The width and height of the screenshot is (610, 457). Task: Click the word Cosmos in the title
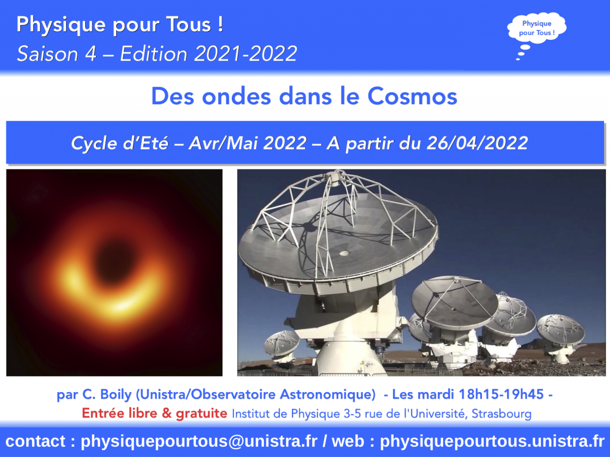tap(412, 96)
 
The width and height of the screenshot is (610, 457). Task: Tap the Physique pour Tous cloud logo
tap(537, 29)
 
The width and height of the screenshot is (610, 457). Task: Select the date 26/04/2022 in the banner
tap(477, 143)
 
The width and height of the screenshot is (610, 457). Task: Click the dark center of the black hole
tap(114, 261)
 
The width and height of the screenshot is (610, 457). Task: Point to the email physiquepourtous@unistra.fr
tap(199, 442)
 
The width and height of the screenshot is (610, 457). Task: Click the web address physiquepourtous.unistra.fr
tap(492, 442)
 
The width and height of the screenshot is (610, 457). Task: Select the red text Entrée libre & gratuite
tap(154, 413)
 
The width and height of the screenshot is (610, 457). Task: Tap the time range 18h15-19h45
tap(501, 394)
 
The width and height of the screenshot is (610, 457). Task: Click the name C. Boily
tap(107, 395)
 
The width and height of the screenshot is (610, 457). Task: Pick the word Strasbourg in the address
tap(502, 414)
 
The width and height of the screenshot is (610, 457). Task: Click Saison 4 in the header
tap(57, 54)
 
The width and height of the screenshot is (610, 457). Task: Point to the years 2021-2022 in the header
tap(246, 54)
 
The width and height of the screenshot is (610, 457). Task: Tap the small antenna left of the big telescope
tap(282, 345)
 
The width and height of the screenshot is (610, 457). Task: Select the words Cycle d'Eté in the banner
tap(120, 143)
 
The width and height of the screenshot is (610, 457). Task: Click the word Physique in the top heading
tap(61, 25)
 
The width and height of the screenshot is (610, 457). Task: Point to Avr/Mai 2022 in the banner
tap(247, 143)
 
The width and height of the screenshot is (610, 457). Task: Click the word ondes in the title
tap(236, 96)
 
